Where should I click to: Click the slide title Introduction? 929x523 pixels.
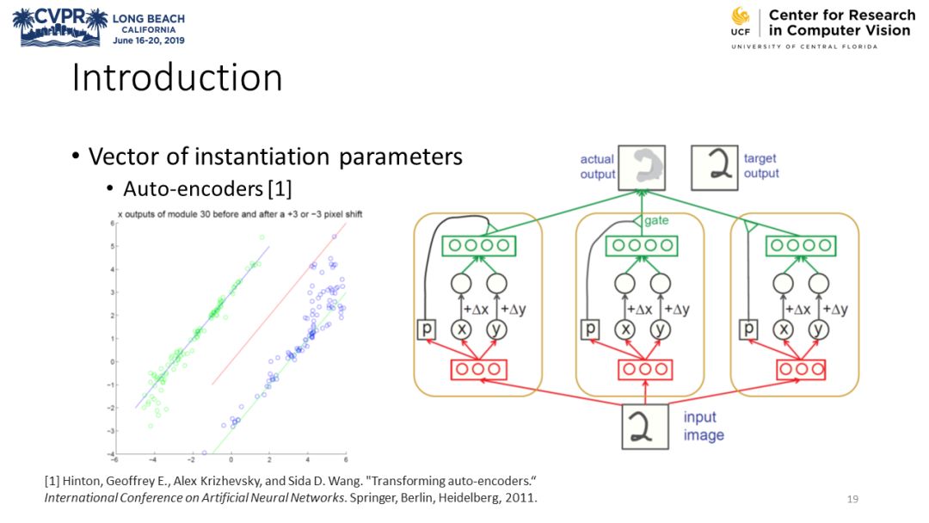point(177,78)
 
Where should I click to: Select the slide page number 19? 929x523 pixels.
point(852,499)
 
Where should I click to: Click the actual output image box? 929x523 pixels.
point(647,167)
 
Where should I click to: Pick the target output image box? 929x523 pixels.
point(715,167)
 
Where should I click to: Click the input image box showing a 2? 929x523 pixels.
point(645,426)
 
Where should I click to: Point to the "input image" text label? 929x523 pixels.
point(704,426)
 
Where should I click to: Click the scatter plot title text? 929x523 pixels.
point(237,212)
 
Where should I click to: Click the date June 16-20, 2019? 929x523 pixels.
point(149,40)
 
